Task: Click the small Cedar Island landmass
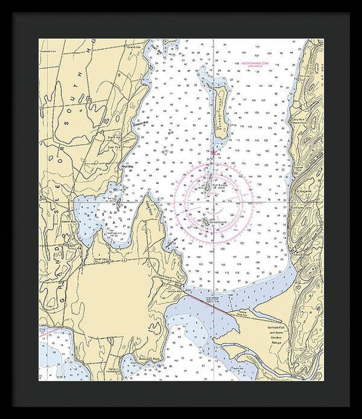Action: coord(204,221)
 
